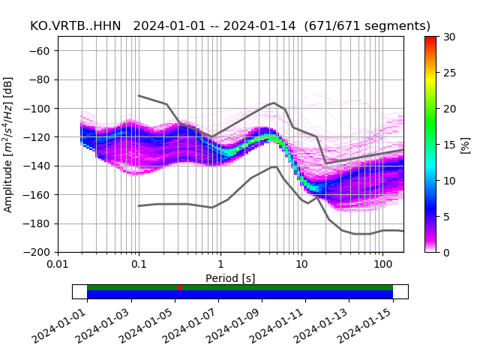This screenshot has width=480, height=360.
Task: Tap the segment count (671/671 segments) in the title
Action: [368, 26]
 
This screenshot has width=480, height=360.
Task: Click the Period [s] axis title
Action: [230, 278]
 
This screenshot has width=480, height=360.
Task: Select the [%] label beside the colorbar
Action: [466, 144]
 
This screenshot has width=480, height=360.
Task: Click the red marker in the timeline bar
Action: [180, 287]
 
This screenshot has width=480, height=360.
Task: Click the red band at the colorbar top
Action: [430, 39]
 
